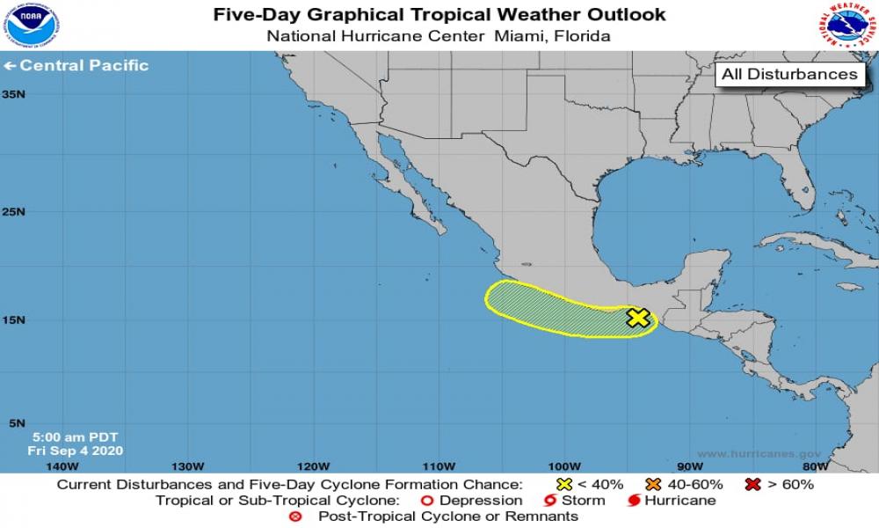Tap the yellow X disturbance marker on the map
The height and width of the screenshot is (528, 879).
tap(638, 318)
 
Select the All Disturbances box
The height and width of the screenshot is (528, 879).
tap(788, 75)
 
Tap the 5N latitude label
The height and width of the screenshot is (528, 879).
tap(16, 423)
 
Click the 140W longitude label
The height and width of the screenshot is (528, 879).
tap(61, 466)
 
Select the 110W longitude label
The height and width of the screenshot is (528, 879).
tap(438, 466)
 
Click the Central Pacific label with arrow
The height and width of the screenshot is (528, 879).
tap(76, 65)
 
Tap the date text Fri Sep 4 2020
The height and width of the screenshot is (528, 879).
tap(75, 451)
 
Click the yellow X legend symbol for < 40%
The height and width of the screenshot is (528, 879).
tap(565, 484)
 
